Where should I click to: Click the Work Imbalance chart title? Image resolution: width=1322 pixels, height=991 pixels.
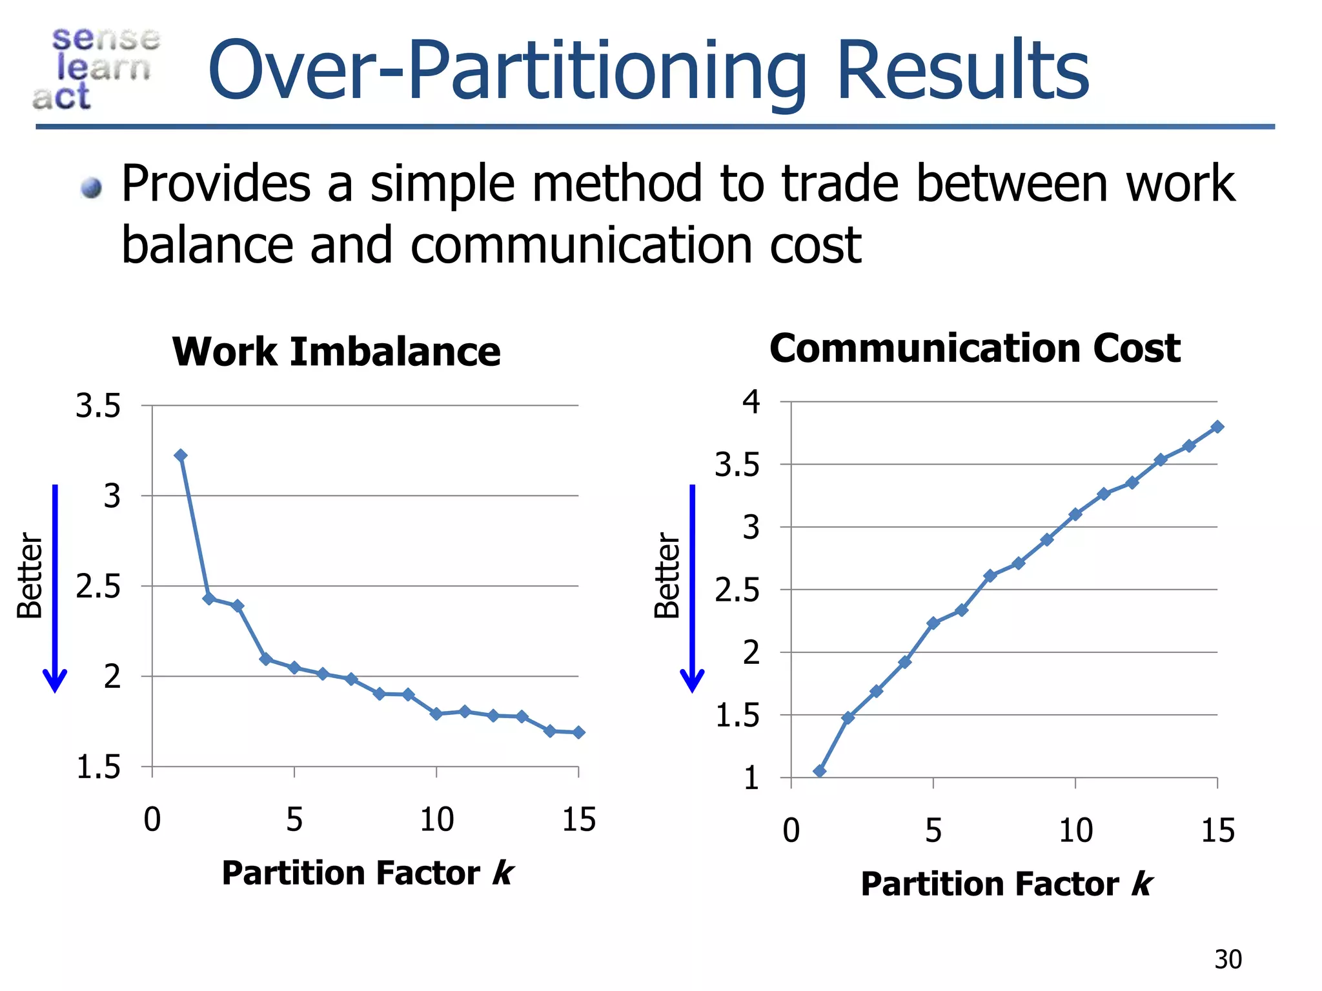(336, 352)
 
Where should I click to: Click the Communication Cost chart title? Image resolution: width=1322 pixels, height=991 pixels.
(975, 348)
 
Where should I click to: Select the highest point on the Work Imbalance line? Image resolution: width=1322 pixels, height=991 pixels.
(181, 455)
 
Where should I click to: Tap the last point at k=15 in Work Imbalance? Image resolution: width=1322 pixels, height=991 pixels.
(578, 732)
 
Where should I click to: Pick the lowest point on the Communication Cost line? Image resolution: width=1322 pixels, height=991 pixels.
(820, 771)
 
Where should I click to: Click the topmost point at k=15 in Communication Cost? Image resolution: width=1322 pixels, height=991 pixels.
(1217, 427)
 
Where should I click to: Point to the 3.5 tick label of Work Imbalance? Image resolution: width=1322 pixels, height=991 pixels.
(98, 406)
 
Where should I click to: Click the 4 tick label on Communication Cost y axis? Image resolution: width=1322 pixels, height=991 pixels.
(751, 402)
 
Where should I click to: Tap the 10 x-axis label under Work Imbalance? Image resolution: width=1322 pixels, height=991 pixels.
(437, 820)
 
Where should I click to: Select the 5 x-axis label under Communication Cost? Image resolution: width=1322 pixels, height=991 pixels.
(933, 831)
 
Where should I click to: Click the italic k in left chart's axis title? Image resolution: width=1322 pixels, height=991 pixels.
(503, 874)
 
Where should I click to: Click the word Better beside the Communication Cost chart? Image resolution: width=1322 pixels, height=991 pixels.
(667, 576)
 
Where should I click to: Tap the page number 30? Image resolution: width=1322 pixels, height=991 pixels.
(1228, 960)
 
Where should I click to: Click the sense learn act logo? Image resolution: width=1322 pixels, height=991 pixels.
(97, 68)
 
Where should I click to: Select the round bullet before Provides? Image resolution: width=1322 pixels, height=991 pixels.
(92, 188)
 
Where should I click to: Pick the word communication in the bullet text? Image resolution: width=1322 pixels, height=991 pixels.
(581, 245)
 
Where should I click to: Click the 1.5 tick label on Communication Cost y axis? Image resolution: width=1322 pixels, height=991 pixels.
(737, 716)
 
